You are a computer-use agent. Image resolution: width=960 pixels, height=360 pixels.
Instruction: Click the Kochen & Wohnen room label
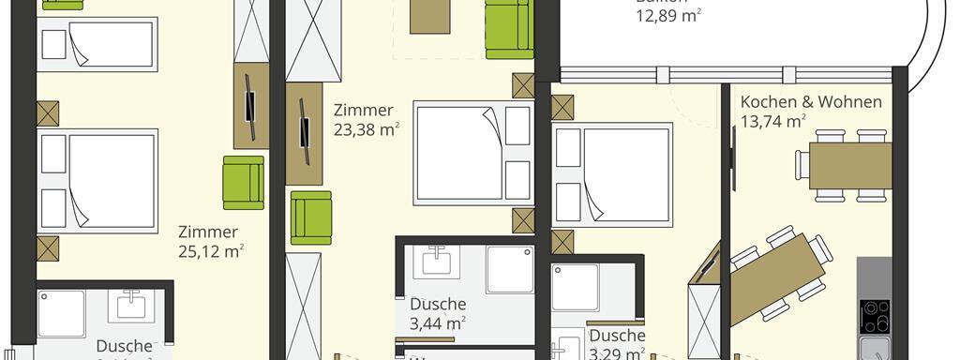pos(811,101)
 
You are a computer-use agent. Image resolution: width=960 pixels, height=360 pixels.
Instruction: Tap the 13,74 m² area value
pos(773,121)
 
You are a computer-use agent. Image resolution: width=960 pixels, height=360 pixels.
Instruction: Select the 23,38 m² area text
pos(367,130)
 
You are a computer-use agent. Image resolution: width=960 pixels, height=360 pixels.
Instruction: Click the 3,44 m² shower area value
pos(438,323)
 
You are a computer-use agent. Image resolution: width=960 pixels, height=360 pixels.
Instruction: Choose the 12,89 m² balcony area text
pos(669,15)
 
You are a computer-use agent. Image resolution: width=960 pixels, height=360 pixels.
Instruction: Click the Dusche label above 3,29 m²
pos(617,336)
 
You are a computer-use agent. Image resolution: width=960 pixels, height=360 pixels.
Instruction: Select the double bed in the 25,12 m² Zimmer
pos(98,180)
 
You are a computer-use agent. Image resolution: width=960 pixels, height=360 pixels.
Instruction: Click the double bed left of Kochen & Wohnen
pos(614,175)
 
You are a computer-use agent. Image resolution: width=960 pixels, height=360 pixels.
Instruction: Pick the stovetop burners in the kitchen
pos(876,317)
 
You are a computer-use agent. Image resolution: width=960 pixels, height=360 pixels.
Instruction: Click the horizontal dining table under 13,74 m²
pos(849,166)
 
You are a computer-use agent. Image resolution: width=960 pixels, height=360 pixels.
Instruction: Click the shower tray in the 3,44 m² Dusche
pos(509,269)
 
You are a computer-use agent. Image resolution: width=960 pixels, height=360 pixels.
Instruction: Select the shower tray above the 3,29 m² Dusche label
pos(575,288)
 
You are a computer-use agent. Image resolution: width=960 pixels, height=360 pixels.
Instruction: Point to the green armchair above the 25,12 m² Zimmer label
pos(243,183)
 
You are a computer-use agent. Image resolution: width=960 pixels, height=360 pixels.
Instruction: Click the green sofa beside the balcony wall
pos(508,28)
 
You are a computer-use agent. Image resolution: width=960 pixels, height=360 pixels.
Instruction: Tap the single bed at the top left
pos(96,44)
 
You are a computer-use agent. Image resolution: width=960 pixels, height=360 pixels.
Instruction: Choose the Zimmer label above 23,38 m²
pos(364,111)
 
